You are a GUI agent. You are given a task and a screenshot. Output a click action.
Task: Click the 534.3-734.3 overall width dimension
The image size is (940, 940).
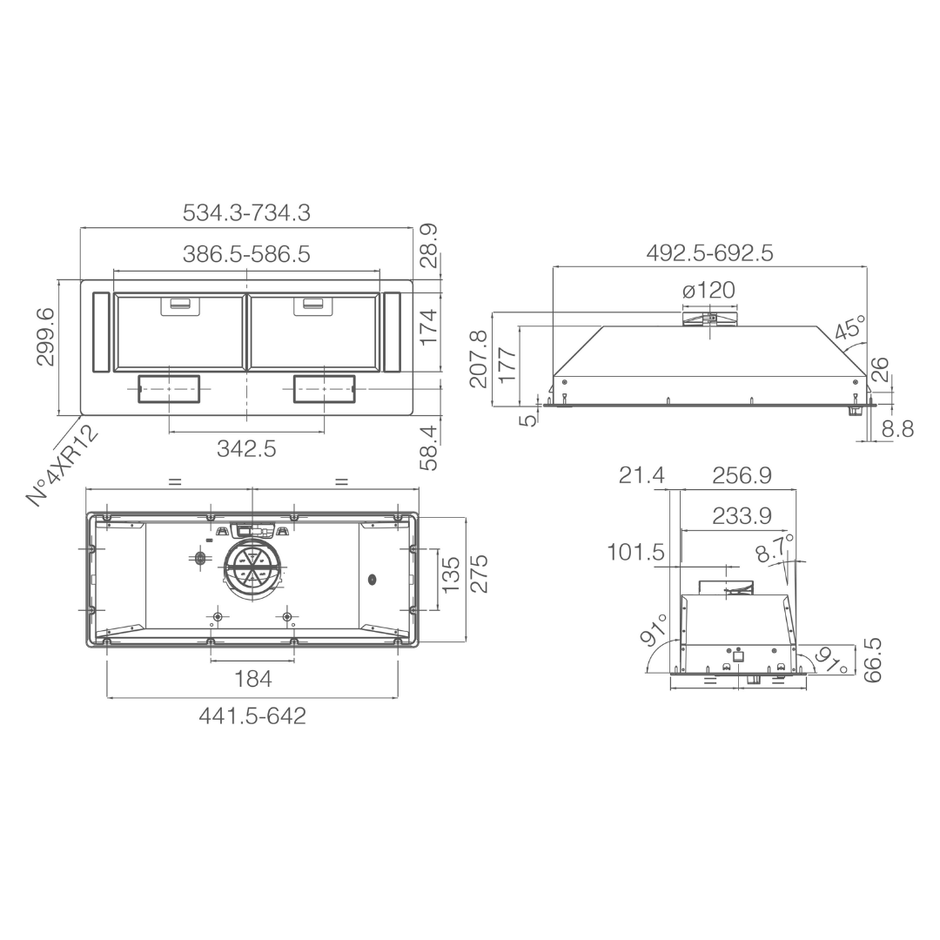click(246, 213)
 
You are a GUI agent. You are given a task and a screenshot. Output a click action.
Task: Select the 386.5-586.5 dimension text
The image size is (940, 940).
click(246, 254)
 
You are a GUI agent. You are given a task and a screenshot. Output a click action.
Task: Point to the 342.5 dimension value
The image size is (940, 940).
click(246, 448)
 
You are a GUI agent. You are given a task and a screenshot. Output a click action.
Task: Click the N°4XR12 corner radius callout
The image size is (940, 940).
click(63, 466)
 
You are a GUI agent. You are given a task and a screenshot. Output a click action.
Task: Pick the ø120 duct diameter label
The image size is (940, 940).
click(708, 290)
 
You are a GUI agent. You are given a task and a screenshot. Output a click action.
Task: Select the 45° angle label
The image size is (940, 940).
click(850, 328)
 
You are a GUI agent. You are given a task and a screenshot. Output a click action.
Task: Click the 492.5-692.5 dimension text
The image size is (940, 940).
click(710, 253)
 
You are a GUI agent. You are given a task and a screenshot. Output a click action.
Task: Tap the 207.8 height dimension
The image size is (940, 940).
click(479, 358)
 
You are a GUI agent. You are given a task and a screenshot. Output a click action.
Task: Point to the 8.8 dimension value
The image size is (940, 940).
click(897, 428)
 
